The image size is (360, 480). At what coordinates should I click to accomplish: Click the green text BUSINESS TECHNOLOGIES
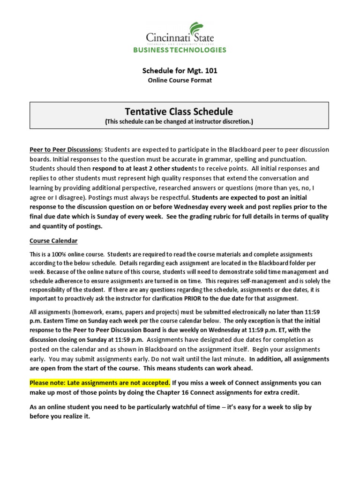180,50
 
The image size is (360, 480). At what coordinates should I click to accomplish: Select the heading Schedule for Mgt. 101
180,71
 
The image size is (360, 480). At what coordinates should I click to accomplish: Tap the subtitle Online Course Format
180,80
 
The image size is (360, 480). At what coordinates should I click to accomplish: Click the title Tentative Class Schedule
179,111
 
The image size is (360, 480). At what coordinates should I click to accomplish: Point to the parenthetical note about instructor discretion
179,121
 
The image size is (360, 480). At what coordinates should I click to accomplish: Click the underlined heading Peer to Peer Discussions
66,150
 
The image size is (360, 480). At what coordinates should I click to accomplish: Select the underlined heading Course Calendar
53,241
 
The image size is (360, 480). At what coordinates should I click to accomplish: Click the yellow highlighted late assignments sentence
100,382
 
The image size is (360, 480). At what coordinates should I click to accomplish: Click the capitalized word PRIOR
194,299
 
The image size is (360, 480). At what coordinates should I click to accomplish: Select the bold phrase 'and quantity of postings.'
66,226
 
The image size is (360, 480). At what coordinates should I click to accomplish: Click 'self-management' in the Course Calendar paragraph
259,281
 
